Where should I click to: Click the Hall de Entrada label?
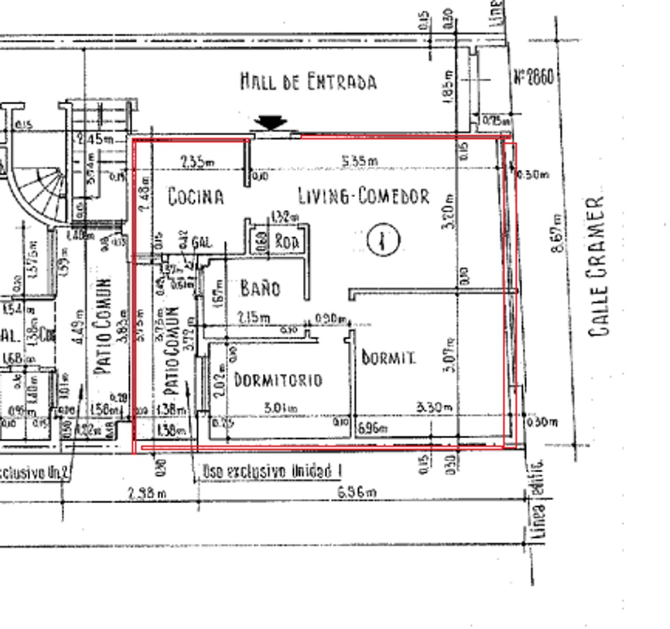[x=309, y=82]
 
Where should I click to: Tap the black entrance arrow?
[x=270, y=123]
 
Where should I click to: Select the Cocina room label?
[x=196, y=197]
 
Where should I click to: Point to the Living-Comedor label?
[x=364, y=196]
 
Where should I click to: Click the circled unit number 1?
[x=383, y=240]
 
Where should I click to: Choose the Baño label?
[x=260, y=288]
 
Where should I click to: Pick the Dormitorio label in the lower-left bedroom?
[x=278, y=379]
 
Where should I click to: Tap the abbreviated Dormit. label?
[x=389, y=357]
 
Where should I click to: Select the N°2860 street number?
[x=533, y=78]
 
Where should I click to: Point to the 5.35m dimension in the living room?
[x=359, y=160]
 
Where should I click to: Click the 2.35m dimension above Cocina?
[x=197, y=162]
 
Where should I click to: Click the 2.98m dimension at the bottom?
[x=147, y=493]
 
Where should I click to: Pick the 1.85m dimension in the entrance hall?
[x=449, y=86]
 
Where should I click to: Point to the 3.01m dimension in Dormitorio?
[x=280, y=408]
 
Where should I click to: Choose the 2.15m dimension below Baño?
[x=254, y=318]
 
